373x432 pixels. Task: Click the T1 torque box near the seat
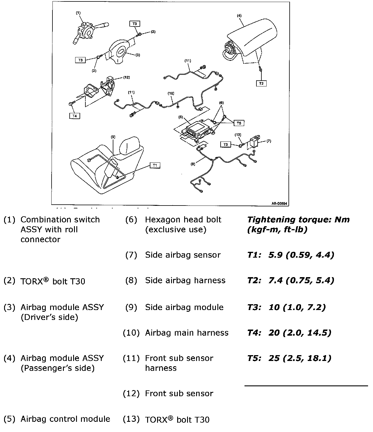[x=155, y=165]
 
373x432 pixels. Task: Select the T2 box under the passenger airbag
[x=261, y=83]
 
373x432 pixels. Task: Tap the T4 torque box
[x=75, y=116]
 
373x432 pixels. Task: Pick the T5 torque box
[x=239, y=123]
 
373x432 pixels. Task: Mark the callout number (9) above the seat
[x=113, y=137]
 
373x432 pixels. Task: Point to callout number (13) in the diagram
[x=238, y=134]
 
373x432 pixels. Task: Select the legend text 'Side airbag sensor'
[x=183, y=255]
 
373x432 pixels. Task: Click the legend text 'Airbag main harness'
[x=186, y=333]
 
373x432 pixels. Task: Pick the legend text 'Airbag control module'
[x=65, y=419]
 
